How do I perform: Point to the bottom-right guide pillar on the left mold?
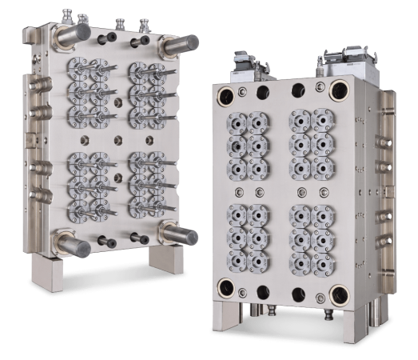coord(181,235)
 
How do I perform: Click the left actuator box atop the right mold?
coord(241,66)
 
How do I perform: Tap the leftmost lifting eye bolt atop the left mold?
coord(66,14)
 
